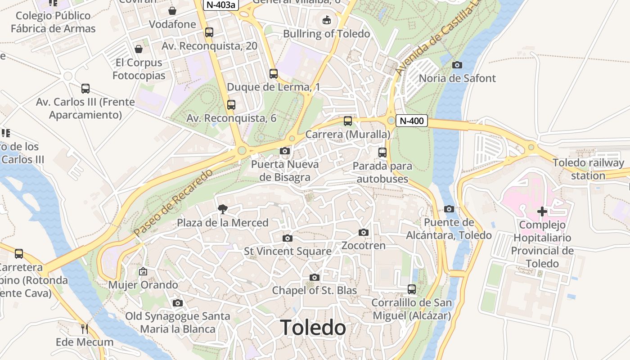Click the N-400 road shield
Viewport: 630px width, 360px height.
click(411, 121)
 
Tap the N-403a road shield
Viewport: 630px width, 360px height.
click(220, 4)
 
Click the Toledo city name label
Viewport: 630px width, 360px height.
click(313, 328)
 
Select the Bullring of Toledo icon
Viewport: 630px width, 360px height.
click(327, 20)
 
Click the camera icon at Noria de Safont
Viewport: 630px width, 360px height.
click(457, 65)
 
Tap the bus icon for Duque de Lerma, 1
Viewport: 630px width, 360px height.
click(273, 74)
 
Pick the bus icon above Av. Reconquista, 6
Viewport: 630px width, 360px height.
click(231, 105)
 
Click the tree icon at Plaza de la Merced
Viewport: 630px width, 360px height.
click(222, 209)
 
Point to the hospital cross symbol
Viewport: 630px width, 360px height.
click(542, 211)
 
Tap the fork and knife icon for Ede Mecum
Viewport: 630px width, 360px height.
click(84, 329)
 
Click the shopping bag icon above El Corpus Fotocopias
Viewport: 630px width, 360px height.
click(139, 49)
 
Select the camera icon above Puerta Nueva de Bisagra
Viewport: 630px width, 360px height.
click(284, 151)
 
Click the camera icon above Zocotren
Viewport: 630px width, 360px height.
click(364, 233)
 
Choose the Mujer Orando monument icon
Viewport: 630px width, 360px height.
click(143, 271)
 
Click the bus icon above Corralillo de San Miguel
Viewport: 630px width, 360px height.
click(411, 289)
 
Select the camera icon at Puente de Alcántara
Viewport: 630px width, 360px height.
click(449, 209)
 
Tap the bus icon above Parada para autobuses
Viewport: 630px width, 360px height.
click(382, 153)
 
